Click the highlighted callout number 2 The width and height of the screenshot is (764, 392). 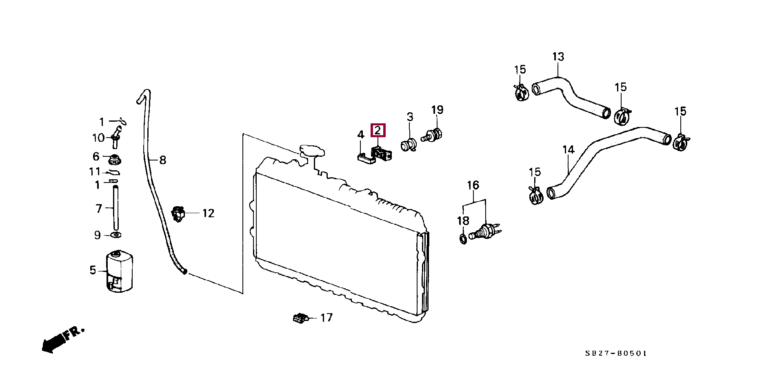point(378,131)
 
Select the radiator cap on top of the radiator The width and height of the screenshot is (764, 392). point(312,151)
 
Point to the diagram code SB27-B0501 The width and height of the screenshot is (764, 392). point(615,354)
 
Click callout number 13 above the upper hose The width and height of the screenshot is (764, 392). point(558,57)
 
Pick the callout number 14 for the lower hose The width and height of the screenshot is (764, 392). point(569,150)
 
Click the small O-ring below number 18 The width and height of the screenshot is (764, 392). point(464,239)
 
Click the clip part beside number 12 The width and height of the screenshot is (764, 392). point(178,214)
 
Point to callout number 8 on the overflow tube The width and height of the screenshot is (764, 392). point(162,160)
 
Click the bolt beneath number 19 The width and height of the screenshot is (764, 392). point(433,134)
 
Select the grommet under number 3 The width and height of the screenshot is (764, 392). point(409,145)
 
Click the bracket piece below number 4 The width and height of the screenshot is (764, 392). point(366,158)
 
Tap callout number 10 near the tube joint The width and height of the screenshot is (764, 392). point(98,138)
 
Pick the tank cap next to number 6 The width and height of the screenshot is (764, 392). point(115,158)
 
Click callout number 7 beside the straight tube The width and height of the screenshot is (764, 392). point(99,209)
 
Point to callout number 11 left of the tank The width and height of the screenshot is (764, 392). point(95,172)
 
